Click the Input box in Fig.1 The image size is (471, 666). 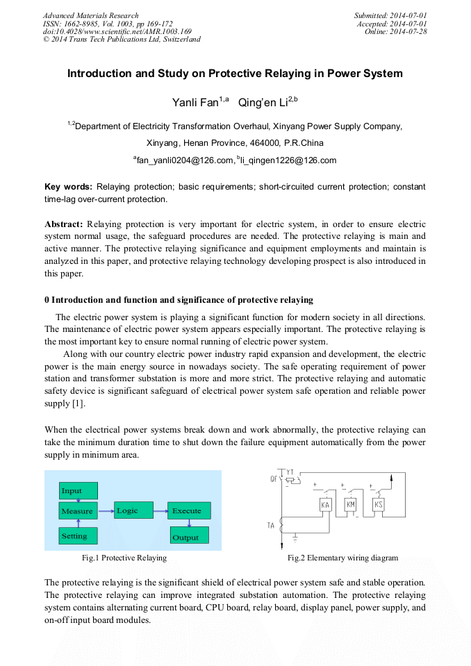78,491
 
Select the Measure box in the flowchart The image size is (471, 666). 78,511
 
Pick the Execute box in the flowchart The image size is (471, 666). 188,511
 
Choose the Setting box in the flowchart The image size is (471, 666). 78,535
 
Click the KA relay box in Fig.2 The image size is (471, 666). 325,505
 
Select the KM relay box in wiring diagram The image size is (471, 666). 351,505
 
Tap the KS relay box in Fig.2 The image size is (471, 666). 379,505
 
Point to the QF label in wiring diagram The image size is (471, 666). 274,479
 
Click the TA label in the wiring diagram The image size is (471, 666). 271,526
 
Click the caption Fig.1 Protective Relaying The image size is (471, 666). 124,558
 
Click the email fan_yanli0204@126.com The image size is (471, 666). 183,160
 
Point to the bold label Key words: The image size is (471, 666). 68,187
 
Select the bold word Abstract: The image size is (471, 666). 64,224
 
